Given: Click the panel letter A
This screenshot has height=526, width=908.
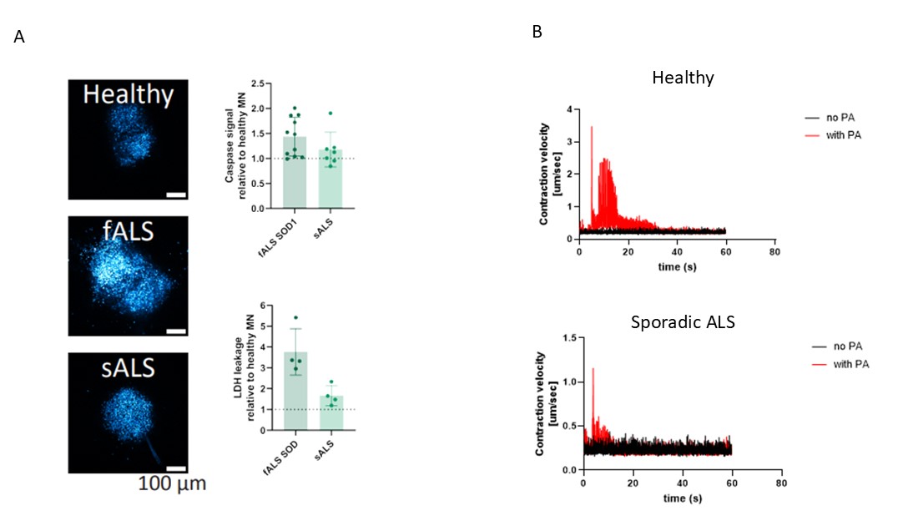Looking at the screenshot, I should (x=19, y=38).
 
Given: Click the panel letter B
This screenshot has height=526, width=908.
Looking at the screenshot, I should (x=537, y=32).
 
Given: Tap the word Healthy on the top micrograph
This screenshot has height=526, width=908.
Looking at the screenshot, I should (x=128, y=94).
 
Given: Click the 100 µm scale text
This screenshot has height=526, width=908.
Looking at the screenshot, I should (x=171, y=483).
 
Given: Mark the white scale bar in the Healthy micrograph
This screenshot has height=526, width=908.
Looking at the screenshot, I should (x=174, y=195).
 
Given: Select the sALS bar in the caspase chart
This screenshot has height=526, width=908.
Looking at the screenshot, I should (x=331, y=180).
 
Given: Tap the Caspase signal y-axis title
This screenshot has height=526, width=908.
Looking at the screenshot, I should (x=235, y=145).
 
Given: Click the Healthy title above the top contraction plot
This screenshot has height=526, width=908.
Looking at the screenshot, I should (x=683, y=78).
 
